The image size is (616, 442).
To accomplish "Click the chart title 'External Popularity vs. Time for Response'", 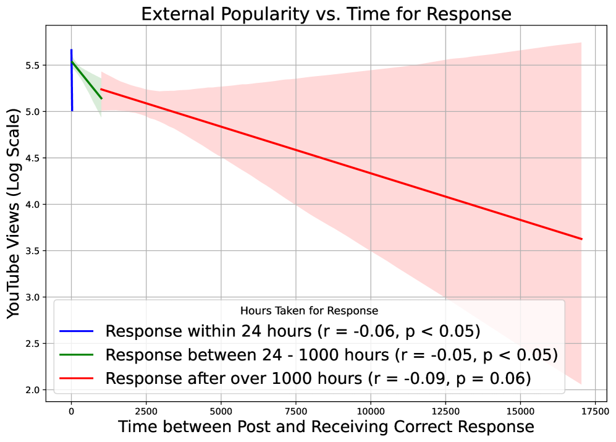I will coord(326,14).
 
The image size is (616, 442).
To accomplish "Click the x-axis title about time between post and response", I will coord(326,427).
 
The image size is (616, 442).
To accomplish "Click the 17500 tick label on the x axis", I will coord(594,410).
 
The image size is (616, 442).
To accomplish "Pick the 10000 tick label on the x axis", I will coord(370,410).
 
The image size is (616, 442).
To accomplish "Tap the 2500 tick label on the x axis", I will coord(146,410).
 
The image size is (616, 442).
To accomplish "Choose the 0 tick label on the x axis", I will coord(71,410).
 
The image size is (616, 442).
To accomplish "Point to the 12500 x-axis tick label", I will coord(445,410).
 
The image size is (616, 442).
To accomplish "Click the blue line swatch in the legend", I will coord(76,332).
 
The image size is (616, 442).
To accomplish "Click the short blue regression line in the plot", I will coord(72,80).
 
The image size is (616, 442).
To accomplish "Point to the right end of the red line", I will coord(581,239).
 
